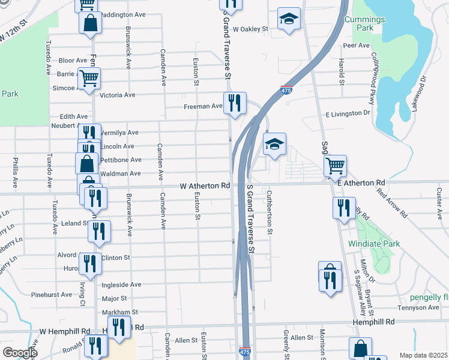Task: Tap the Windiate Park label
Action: pos(373,244)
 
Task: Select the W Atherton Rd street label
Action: pos(205,186)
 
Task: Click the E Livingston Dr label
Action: pos(348,113)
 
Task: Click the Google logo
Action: pos(19,353)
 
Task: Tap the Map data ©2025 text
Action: pos(424,355)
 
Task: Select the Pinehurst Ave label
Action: pos(52,295)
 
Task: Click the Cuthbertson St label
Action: pos(270,212)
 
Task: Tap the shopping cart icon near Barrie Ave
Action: pos(89,78)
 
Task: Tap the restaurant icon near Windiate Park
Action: pos(343,208)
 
